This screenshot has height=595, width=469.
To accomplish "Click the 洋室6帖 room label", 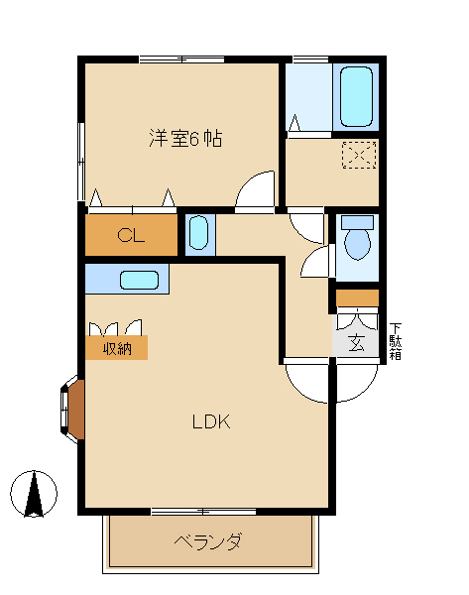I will (184, 139).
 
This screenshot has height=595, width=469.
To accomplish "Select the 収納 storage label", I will (117, 348).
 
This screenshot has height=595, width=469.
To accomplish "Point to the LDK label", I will (210, 421).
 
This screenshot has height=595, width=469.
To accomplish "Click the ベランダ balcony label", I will (208, 542).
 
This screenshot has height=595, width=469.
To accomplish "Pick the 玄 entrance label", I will (356, 343).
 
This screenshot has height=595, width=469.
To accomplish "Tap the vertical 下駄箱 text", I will (395, 340).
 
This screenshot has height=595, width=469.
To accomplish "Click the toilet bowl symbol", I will (357, 238).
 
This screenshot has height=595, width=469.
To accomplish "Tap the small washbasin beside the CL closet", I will (197, 235).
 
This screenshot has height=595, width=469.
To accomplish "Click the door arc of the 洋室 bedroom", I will (256, 190).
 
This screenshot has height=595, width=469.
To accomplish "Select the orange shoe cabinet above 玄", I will (357, 297).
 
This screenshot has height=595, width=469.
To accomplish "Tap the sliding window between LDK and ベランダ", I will (203, 512).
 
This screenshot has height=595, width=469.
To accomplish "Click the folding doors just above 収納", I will (115, 327).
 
